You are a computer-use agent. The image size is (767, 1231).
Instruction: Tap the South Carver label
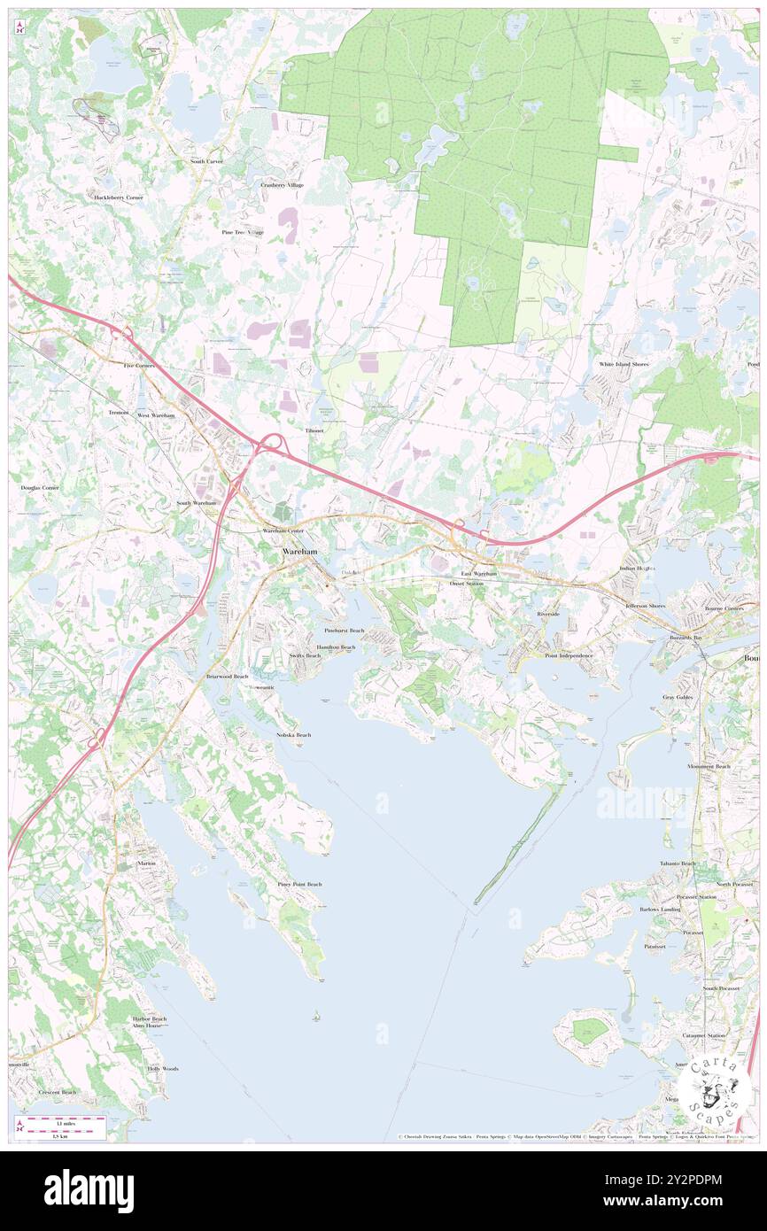coord(210,161)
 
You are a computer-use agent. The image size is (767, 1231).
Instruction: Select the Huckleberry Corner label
coord(119,197)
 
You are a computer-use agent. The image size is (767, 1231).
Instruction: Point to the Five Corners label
coord(139,365)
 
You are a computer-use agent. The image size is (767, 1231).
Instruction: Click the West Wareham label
coord(156,414)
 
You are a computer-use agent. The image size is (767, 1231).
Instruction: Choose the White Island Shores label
coord(624,364)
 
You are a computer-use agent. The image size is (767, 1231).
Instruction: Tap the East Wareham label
coord(478,574)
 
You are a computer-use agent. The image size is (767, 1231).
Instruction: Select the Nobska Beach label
coord(293,735)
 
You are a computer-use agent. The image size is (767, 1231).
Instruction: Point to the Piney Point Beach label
coord(299,884)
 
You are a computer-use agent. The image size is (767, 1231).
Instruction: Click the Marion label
coord(146,863)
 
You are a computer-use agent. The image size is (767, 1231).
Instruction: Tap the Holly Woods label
coord(163,1069)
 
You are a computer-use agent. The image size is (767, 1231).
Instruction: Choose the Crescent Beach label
coord(58,1092)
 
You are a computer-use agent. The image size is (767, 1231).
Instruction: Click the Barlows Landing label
coord(660,910)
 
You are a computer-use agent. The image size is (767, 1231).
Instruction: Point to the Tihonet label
coord(314,430)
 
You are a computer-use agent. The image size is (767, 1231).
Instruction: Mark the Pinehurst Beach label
coord(345,631)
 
